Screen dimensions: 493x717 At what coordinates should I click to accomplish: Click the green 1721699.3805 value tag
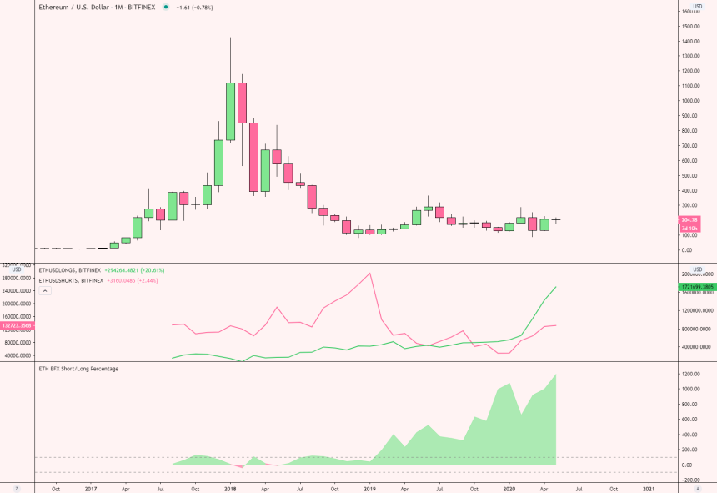click(696, 286)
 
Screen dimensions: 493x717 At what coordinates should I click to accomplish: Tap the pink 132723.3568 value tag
click(17, 325)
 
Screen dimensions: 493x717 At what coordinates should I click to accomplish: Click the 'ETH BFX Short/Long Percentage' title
click(78, 368)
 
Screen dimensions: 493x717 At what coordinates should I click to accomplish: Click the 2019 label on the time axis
click(369, 488)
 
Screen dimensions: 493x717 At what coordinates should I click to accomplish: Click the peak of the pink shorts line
click(369, 273)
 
